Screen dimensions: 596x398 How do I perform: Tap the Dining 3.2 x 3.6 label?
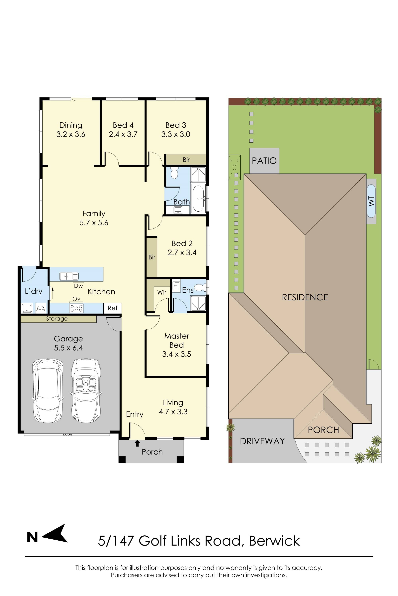pos(71,130)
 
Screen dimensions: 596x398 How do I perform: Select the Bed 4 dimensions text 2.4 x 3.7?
pos(123,134)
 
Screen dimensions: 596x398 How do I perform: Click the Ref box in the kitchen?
pos(112,308)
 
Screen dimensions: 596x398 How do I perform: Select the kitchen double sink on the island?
pos(69,276)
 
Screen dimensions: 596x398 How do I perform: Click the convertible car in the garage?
pos(86,391)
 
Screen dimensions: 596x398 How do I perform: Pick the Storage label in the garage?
pos(57,319)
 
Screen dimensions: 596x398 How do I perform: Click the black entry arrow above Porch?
pos(137,443)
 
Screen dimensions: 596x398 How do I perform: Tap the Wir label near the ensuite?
pos(162,292)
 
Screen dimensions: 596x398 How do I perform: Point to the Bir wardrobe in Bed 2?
pos(152,257)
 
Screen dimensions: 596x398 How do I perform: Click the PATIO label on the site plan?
pos(264,161)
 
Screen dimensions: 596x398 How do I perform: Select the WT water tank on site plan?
pos(371,201)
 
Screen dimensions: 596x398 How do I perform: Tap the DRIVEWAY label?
pos(262,441)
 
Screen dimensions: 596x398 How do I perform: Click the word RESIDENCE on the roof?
pos(305,297)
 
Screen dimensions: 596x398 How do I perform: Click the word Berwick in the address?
pos(274,541)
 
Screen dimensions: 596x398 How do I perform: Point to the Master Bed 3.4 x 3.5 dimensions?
pos(177,354)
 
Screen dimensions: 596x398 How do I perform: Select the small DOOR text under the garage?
pos(67,435)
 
